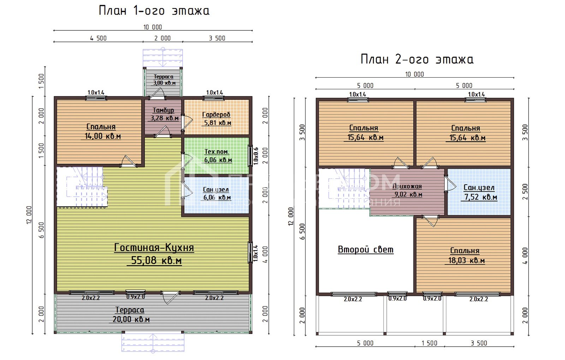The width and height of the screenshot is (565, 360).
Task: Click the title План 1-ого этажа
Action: (154, 11)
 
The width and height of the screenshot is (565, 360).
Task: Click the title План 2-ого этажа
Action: (417, 59)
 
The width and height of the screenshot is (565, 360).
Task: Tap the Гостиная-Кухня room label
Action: (154, 247)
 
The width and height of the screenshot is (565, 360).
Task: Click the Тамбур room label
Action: (163, 110)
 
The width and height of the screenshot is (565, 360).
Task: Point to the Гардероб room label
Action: (216, 114)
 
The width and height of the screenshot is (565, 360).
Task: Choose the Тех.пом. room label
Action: (217, 152)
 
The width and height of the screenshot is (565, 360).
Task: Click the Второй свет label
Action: (365, 250)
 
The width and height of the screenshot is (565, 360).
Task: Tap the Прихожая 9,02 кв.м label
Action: (408, 190)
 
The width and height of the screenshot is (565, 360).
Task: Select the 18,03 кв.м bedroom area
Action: (466, 261)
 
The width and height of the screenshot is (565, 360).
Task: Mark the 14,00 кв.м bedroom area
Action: (103, 136)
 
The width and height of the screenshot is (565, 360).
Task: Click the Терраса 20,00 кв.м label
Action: (130, 314)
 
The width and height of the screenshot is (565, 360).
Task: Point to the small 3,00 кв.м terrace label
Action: (164, 83)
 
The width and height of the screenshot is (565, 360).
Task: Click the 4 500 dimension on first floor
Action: (98, 38)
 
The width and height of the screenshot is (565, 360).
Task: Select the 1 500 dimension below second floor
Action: (429, 343)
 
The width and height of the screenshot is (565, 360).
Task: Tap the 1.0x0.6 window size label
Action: (256, 156)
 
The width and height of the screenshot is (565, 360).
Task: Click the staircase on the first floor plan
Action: (82, 187)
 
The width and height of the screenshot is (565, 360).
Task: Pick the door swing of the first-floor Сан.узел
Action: (187, 191)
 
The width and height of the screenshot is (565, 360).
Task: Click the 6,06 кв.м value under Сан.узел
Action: (217, 198)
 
